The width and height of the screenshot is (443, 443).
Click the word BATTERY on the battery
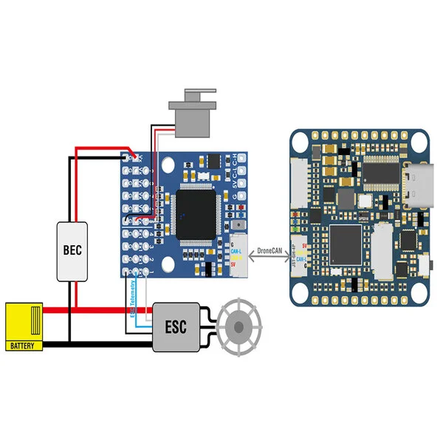click(x=24, y=345)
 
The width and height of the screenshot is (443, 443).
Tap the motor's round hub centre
click(x=241, y=324)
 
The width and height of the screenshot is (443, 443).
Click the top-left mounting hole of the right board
click(x=300, y=140)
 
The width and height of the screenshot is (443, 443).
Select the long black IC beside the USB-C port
click(x=382, y=171)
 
